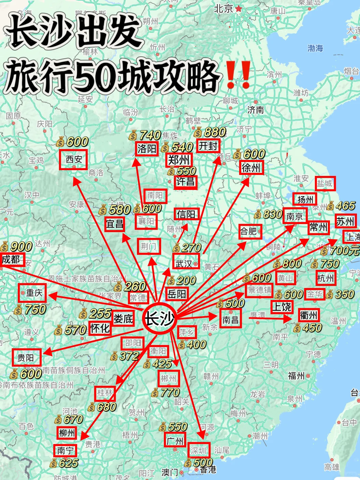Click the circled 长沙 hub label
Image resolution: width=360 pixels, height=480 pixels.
[159, 319]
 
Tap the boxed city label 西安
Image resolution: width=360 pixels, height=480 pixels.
[73, 160]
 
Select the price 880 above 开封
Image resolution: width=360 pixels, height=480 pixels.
[214, 132]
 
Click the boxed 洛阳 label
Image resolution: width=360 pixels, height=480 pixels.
[147, 149]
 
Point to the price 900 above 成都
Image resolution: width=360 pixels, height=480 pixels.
[21, 247]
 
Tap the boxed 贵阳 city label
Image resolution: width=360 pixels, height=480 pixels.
[27, 358]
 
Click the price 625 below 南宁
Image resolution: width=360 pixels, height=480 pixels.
[68, 463]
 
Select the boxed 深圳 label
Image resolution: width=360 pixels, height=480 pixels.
[198, 451]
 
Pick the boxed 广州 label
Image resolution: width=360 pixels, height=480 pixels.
[176, 441]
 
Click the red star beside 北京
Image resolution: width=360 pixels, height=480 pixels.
[238, 9]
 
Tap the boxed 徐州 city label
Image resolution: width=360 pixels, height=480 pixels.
[251, 168]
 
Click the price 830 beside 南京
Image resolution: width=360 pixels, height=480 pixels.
[272, 214]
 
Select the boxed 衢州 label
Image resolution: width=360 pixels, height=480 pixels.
[308, 315]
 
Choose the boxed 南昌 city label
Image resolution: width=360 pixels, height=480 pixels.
[231, 320]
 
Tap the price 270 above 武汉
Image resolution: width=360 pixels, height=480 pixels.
[191, 248]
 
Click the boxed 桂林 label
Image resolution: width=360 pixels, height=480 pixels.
[105, 393]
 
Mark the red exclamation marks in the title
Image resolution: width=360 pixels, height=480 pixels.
[238, 74]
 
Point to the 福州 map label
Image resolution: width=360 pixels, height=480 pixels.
[296, 376]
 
